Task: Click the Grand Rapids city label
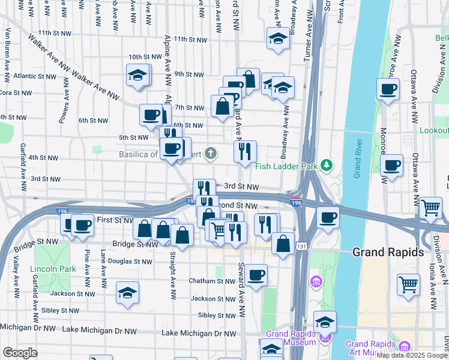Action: click(x=388, y=252)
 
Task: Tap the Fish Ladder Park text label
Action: click(x=286, y=166)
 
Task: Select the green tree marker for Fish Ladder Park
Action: click(x=326, y=164)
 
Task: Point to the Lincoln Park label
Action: click(x=55, y=269)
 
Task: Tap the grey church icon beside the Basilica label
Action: click(x=210, y=154)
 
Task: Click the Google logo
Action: click(x=20, y=353)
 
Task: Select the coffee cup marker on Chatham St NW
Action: click(x=256, y=275)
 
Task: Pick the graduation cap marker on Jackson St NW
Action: click(x=127, y=293)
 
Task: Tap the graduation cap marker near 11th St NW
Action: click(x=277, y=38)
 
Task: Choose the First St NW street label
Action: click(x=113, y=220)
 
